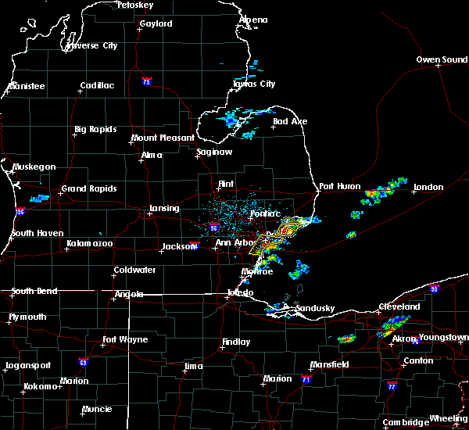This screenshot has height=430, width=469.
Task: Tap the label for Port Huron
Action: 338,187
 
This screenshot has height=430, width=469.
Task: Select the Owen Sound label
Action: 441,60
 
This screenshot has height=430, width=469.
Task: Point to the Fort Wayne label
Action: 124,339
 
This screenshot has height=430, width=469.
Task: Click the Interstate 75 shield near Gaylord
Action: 146,81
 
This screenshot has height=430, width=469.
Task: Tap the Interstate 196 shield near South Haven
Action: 19,212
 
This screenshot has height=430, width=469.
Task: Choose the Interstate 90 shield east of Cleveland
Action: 434,289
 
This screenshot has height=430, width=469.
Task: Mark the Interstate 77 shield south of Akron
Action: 392,386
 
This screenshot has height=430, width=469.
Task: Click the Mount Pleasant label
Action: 163,138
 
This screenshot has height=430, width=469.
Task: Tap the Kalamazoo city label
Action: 89,245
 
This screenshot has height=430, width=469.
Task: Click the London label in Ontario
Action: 428,188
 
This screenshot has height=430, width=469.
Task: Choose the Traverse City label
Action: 91,46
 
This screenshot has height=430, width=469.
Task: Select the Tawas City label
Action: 254,84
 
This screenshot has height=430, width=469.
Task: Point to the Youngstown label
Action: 442,338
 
